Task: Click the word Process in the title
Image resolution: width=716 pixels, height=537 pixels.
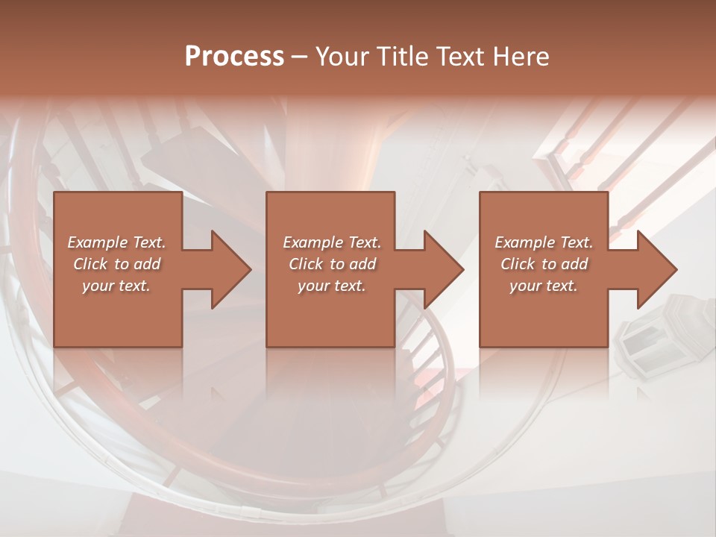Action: [234, 57]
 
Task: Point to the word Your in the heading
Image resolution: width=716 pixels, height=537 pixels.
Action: [344, 57]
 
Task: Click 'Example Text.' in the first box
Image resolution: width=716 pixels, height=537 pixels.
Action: [116, 242]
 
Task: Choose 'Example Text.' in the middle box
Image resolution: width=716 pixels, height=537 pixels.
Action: [332, 242]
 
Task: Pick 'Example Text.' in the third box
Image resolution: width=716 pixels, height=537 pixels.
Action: [544, 242]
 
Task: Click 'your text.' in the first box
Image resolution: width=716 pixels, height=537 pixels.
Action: [116, 286]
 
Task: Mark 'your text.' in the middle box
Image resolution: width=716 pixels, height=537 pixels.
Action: [332, 286]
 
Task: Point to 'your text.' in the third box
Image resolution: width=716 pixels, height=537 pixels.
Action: [544, 286]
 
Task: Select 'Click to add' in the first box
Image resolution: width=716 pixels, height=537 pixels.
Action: [116, 264]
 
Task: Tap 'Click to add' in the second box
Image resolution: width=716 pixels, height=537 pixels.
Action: [332, 264]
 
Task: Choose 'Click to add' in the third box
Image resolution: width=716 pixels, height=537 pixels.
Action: [544, 264]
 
